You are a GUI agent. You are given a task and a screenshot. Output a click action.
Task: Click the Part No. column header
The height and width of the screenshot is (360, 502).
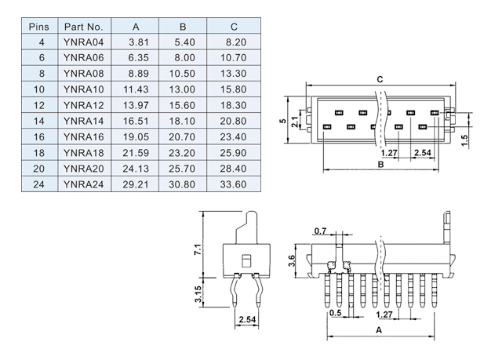tap(84, 27)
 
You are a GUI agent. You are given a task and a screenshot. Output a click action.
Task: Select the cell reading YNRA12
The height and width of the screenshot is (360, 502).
tap(84, 105)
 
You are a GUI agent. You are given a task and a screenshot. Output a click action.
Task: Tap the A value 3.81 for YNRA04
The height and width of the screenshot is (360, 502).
tap(139, 42)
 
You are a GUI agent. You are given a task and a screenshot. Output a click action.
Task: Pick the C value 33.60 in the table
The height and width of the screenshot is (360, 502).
tap(233, 184)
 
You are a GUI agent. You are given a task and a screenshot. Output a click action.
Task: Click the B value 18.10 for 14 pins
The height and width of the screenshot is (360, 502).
tap(182, 121)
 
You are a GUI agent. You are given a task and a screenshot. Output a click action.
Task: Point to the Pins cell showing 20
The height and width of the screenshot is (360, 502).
tap(38, 169)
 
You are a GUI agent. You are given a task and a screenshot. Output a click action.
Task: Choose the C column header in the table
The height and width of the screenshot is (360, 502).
tap(234, 27)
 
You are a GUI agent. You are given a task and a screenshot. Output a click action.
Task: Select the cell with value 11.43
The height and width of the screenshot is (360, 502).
tap(136, 89)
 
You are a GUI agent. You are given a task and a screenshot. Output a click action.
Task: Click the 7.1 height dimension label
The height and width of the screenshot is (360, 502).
tap(198, 249)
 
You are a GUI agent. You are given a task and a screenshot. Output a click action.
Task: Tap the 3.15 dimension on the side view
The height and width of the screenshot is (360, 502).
tap(198, 294)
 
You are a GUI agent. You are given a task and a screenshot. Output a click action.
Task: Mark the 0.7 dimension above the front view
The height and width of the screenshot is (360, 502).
tap(320, 231)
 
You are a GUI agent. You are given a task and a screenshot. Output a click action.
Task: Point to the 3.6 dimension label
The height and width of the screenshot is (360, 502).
tap(291, 261)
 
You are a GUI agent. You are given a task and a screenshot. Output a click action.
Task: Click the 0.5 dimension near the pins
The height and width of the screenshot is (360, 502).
tap(335, 313)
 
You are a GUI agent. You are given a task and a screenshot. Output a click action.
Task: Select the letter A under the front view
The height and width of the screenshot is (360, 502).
tap(379, 330)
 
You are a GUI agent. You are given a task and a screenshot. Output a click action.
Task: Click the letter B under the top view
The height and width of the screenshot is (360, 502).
tap(380, 165)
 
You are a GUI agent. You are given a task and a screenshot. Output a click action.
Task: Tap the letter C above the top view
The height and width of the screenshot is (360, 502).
tap(380, 79)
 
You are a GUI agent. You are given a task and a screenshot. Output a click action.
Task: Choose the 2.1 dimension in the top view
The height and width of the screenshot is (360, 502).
tap(295, 122)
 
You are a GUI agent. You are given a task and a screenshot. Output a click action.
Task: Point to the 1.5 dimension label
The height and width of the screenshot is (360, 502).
tap(464, 140)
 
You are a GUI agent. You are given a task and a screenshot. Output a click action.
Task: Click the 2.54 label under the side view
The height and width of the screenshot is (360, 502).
tap(247, 319)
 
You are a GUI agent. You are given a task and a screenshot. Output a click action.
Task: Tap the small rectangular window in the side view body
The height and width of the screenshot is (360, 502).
tap(246, 260)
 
